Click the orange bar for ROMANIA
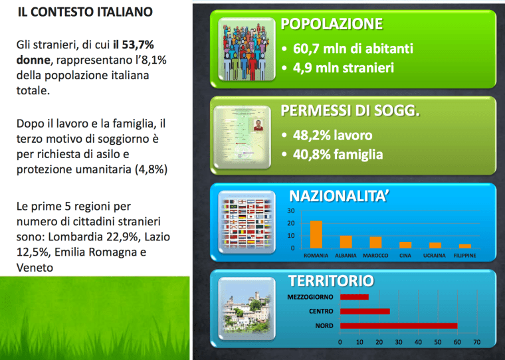tap(316, 234)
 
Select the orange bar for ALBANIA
tap(346, 242)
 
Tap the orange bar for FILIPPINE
tap(465, 246)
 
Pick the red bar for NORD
tap(398, 325)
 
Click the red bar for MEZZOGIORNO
tap(354, 297)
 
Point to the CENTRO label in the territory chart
tap(321, 312)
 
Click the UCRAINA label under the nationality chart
tap(435, 256)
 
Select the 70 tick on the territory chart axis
tap(476, 343)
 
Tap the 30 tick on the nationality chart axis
tap(291, 211)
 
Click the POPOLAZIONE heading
tap(332, 25)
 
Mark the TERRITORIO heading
tap(330, 280)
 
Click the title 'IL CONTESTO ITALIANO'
tap(84, 12)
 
